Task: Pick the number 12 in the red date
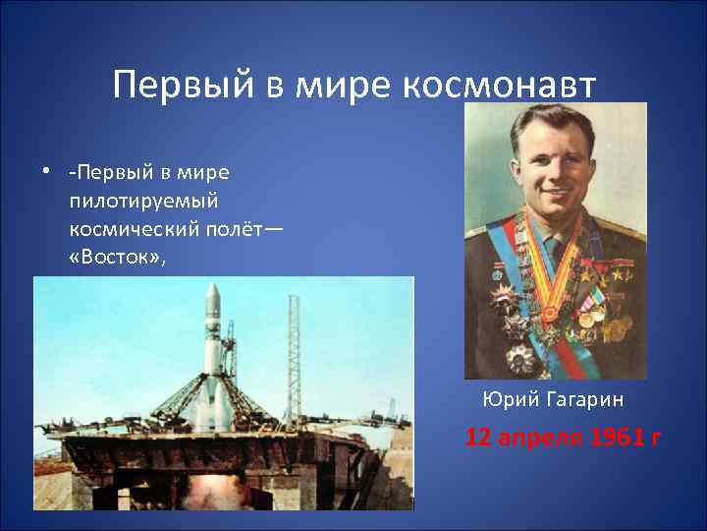[x=478, y=437]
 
